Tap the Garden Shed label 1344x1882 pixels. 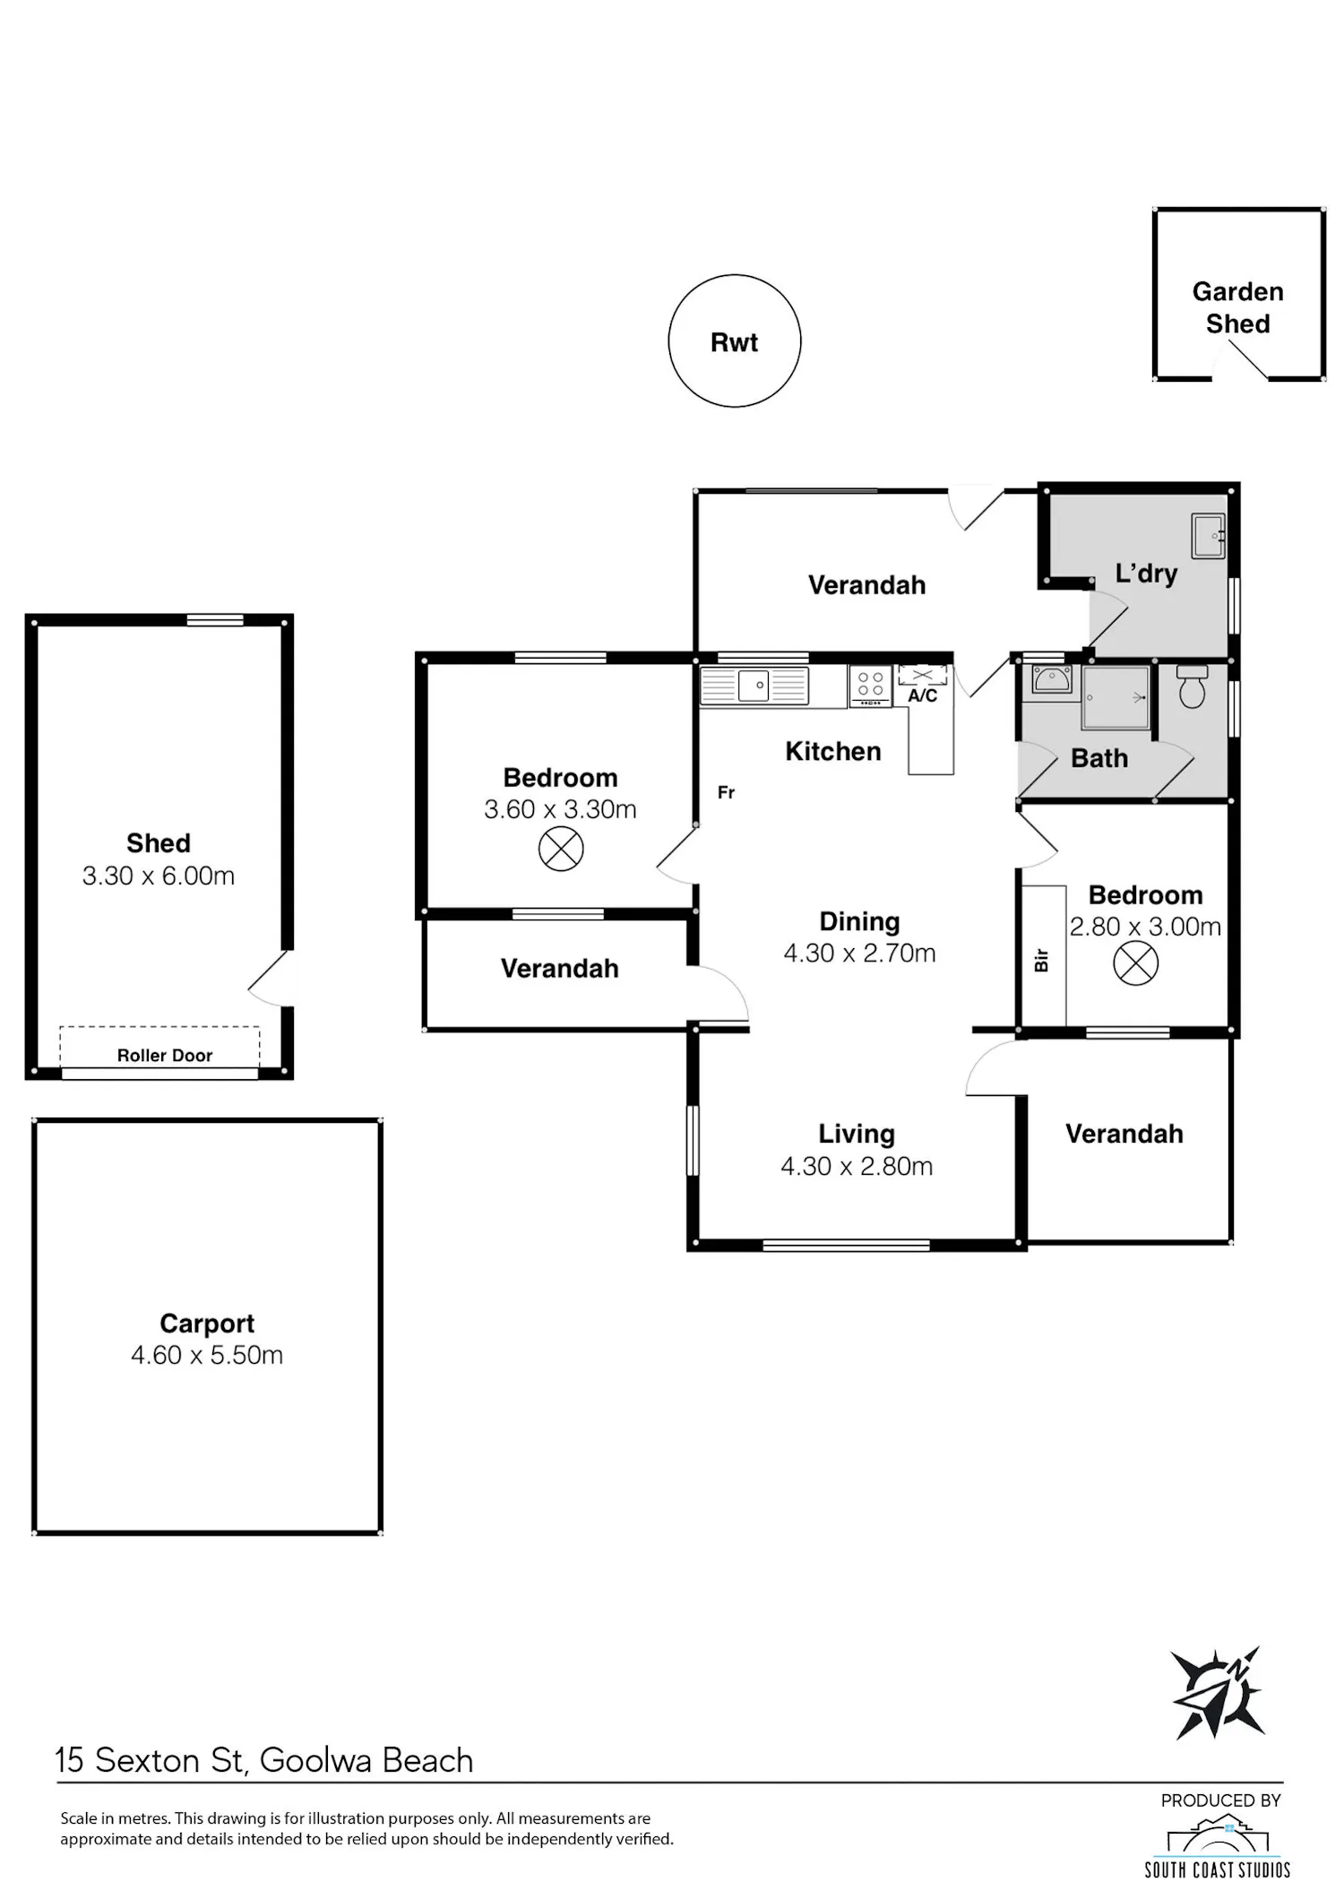tap(1237, 307)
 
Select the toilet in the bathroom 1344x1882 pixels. tap(1192, 686)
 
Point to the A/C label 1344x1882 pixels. tap(923, 696)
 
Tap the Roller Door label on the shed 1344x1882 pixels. tap(165, 1056)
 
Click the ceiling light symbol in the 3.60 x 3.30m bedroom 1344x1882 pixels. tap(561, 849)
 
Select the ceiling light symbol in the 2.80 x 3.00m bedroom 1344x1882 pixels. tap(1135, 963)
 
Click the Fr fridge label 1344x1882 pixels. tap(726, 792)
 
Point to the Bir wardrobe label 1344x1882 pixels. tap(1041, 961)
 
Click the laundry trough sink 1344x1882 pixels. tap(1208, 535)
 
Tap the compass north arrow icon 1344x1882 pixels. tap(1219, 1693)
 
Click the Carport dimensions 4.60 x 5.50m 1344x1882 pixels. tap(207, 1355)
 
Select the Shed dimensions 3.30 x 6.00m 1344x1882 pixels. tap(159, 876)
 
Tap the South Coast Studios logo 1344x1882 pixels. tap(1218, 1846)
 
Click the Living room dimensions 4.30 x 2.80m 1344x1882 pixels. tap(857, 1166)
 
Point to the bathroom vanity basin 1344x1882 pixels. tap(1052, 679)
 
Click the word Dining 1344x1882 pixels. tap(859, 921)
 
